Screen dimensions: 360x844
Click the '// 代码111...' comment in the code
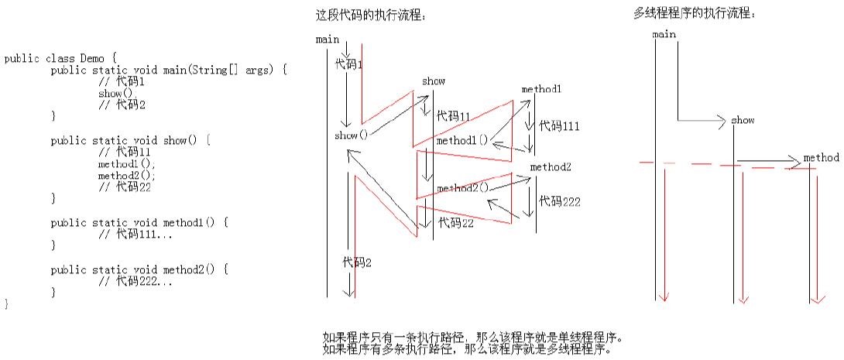(136, 234)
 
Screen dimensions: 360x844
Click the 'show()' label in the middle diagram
(351, 135)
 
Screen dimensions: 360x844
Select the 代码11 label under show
(453, 116)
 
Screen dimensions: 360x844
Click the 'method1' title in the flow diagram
(541, 89)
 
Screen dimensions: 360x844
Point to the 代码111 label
(559, 125)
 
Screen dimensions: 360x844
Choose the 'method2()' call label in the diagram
(462, 188)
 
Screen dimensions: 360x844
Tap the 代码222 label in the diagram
(560, 201)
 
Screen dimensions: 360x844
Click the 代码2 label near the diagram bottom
(357, 262)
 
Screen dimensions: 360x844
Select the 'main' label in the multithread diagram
(664, 34)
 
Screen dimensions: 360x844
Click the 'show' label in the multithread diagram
(743, 121)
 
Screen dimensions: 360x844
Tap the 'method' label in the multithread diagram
(821, 158)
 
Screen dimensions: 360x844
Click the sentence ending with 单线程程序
(472, 338)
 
